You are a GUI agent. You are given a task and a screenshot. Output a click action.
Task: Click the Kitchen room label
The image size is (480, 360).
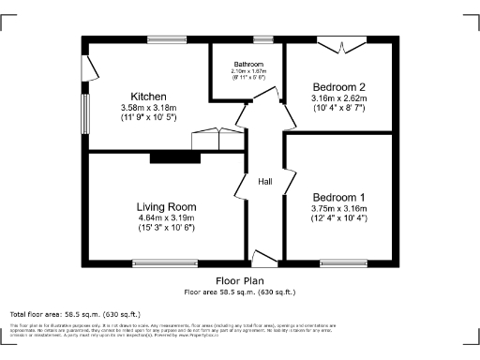[x=149, y=97]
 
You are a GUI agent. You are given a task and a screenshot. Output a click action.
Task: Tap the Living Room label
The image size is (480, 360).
[x=166, y=207]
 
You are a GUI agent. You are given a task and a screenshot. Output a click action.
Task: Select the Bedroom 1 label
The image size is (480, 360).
[x=338, y=197]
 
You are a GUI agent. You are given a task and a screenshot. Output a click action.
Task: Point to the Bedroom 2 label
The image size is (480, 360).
[x=337, y=87]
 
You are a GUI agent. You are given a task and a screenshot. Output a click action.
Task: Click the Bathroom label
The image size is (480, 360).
[x=249, y=64]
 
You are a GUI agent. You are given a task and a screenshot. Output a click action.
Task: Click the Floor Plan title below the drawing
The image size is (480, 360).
[x=240, y=280]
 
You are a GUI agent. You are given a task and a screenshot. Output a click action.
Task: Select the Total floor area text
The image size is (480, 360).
[x=74, y=313]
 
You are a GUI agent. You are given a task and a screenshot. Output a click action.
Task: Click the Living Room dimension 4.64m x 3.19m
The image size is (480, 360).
[x=166, y=217]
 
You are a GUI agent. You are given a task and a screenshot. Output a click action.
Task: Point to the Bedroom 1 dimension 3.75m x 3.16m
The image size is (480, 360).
[x=338, y=207]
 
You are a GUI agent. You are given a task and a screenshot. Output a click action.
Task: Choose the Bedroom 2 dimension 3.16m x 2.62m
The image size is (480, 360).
[x=337, y=97]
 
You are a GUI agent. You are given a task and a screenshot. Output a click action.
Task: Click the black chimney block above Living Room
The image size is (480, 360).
[x=175, y=157]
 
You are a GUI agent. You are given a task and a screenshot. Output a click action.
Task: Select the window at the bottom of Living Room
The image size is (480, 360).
[x=165, y=262]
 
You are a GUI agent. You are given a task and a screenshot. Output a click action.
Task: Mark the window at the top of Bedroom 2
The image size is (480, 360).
[x=339, y=39]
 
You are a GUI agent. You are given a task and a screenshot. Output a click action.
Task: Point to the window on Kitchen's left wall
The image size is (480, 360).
[x=84, y=114]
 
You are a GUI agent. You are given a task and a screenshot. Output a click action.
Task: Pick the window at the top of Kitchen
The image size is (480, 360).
[x=167, y=39]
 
